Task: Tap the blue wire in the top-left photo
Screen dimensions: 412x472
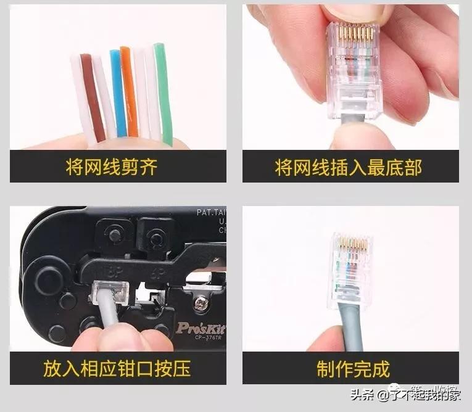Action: [x=118, y=93]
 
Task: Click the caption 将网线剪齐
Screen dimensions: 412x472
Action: [x=112, y=167]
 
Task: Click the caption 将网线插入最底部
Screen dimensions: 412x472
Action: [x=349, y=167]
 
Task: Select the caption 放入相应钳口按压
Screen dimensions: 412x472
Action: [x=117, y=369]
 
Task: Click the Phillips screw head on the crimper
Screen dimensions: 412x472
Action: [x=201, y=303]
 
